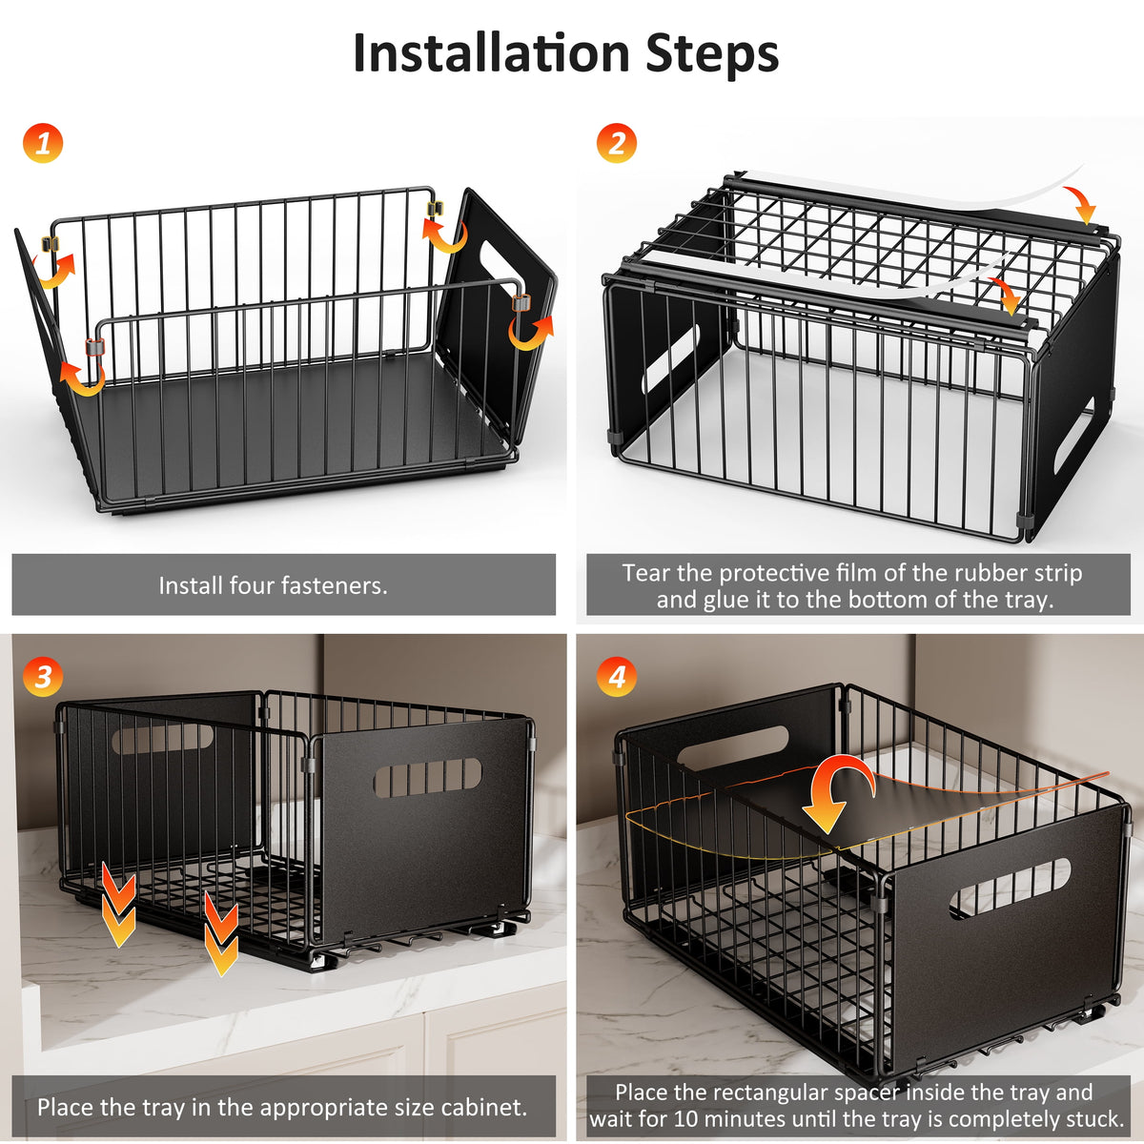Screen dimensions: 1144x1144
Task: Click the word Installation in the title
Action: [x=491, y=53]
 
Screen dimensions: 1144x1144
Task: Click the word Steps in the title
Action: [x=712, y=55]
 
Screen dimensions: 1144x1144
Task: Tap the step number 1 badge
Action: [x=43, y=144]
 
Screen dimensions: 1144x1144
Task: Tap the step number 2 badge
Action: [x=617, y=144]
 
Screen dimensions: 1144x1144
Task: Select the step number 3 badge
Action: [x=43, y=677]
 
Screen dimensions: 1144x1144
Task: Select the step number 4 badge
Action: [x=617, y=677]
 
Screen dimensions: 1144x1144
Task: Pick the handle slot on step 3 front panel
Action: [x=426, y=778]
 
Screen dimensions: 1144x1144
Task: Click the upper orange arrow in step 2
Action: [x=1081, y=204]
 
